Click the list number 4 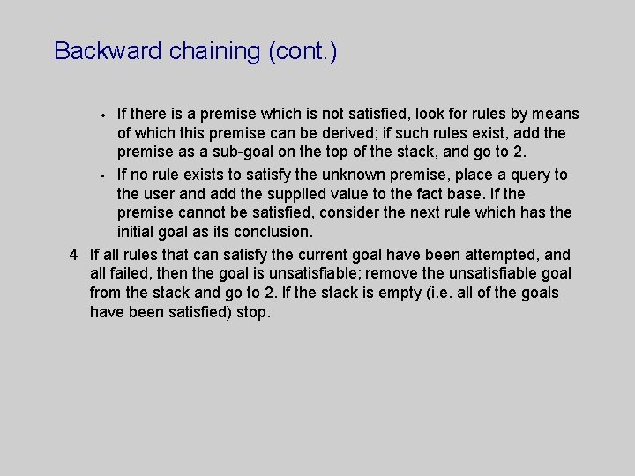coord(74,254)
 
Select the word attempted coord(493,254)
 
